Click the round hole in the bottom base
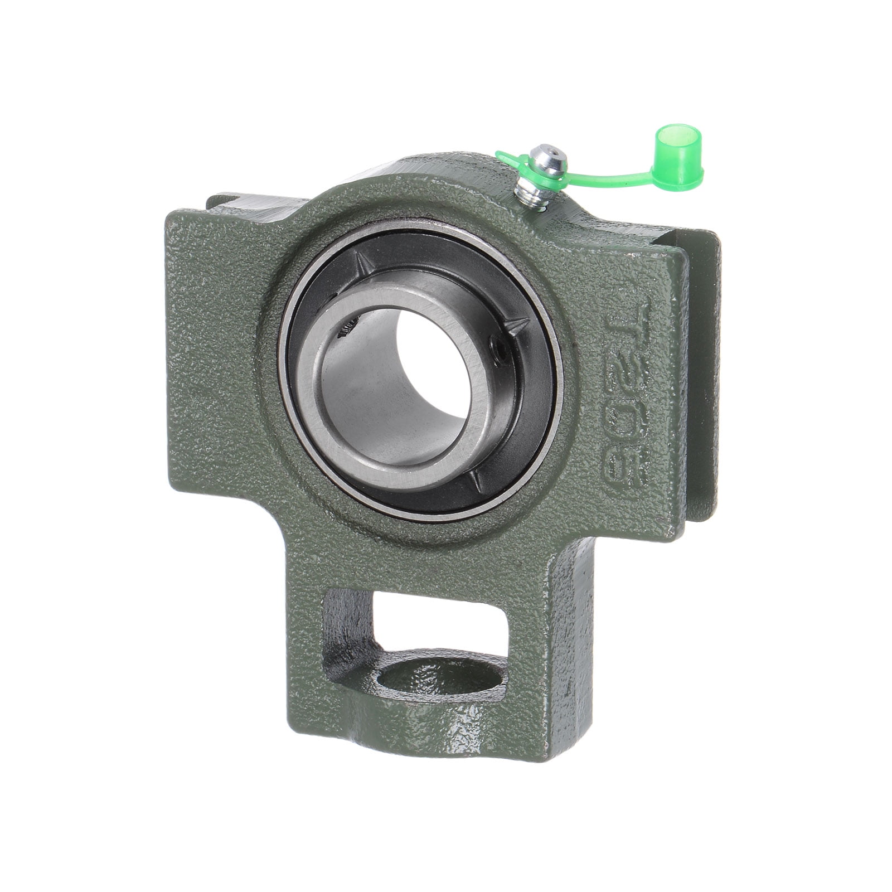(x=440, y=677)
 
